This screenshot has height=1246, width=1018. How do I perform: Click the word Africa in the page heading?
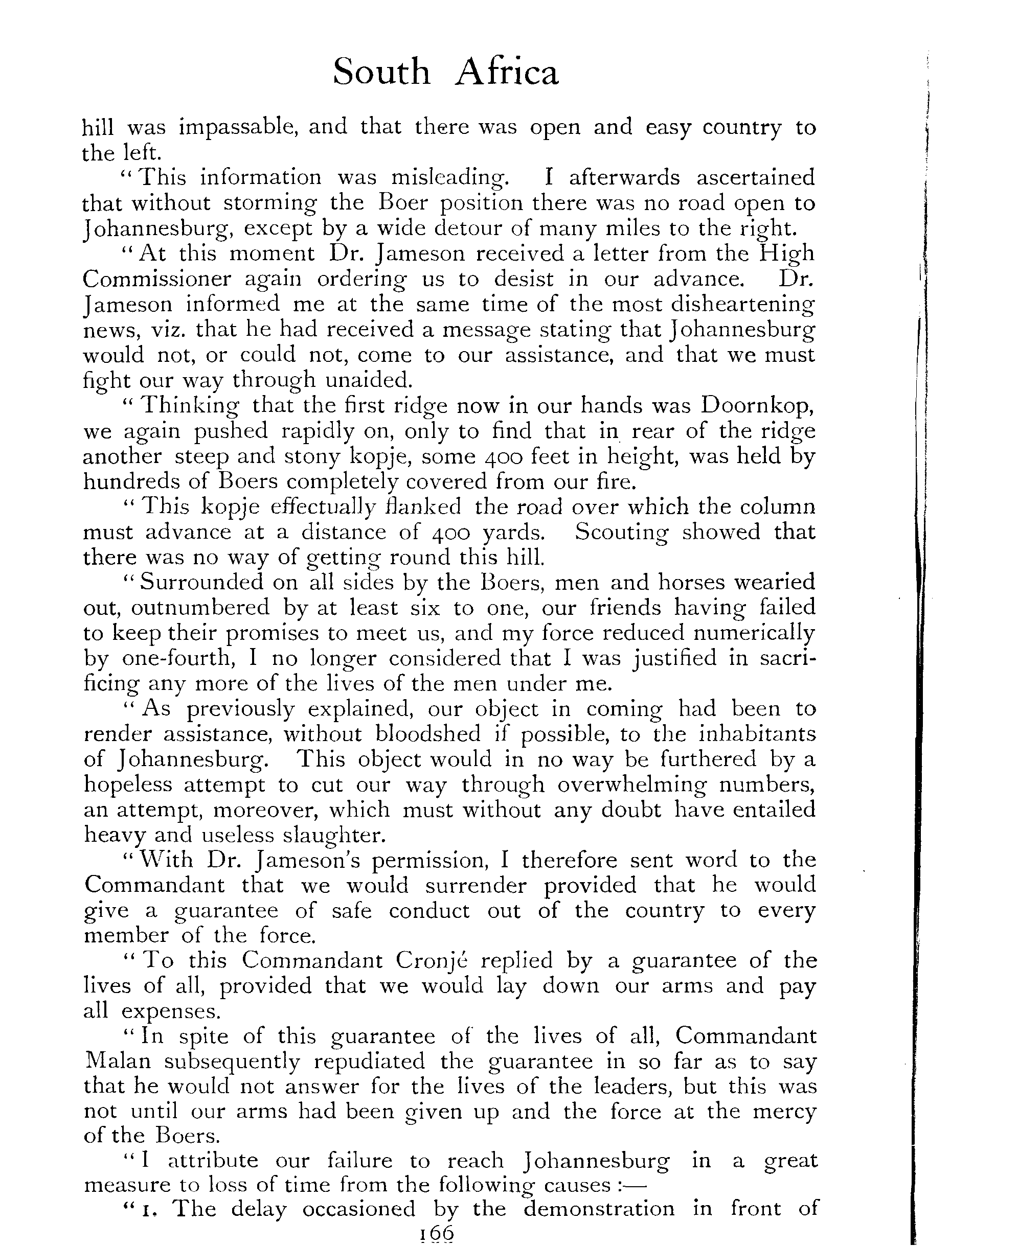click(x=507, y=73)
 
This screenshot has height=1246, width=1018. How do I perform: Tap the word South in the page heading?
click(x=381, y=73)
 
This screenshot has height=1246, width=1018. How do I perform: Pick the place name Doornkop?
click(x=757, y=405)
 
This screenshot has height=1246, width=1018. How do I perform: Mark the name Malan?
click(x=117, y=1062)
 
